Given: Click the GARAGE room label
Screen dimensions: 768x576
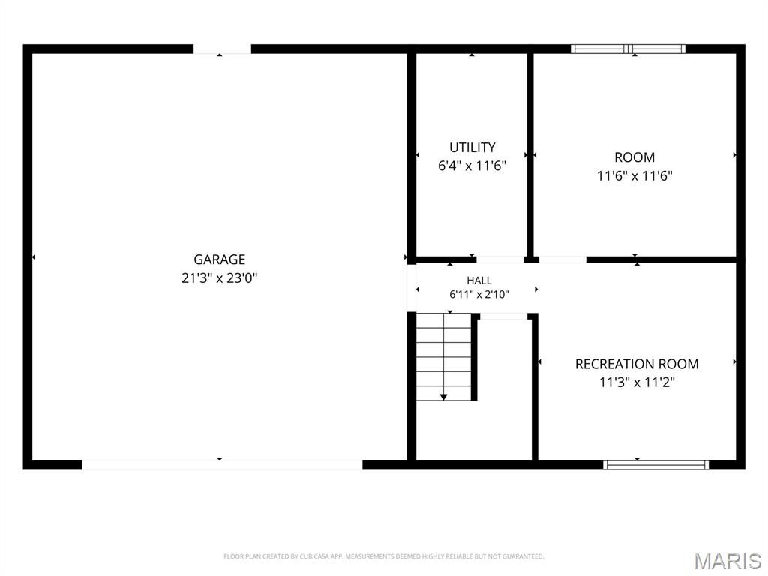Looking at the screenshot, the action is (x=220, y=259).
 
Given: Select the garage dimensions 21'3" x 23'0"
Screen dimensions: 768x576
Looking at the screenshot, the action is (x=220, y=277).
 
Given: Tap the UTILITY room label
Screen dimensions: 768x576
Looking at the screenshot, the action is (x=472, y=148).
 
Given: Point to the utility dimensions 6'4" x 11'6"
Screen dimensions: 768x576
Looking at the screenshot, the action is (x=472, y=166).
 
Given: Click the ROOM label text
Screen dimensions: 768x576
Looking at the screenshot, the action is (x=634, y=157).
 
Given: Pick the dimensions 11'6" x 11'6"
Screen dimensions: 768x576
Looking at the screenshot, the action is (x=634, y=175).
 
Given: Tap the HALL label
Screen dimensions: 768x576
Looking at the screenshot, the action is (x=479, y=280).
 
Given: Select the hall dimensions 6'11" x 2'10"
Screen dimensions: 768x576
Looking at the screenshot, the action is (x=479, y=294).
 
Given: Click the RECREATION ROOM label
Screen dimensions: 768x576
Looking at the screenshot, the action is (x=637, y=364).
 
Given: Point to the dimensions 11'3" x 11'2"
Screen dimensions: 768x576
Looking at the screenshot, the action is (x=637, y=382).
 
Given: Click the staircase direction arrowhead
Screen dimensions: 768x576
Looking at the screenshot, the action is (x=443, y=397).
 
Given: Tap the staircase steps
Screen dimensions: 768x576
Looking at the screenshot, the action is (x=443, y=357).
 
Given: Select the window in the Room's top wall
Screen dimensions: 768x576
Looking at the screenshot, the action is (x=628, y=49).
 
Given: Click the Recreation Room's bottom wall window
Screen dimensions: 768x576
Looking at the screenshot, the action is (x=655, y=465).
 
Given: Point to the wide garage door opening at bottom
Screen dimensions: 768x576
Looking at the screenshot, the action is (x=222, y=465).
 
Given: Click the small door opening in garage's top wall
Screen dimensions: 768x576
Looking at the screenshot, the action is (x=222, y=49).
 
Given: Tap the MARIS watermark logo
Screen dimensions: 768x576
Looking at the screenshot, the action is (x=727, y=561).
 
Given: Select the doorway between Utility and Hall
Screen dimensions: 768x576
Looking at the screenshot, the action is (x=499, y=259).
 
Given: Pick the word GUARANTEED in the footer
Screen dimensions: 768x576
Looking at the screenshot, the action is (x=525, y=556).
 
